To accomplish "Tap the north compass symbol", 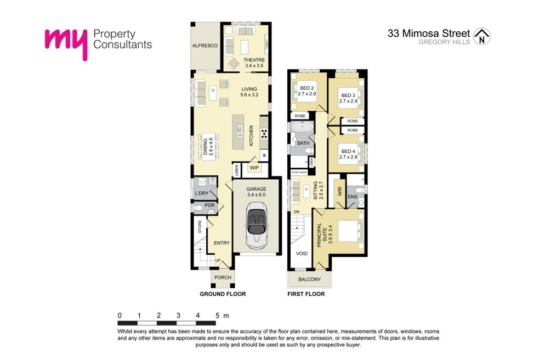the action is pos(482,36).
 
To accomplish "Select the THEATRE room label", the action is pos(254,60).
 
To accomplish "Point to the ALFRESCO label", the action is pos(205,45).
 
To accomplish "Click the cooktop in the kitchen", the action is pos(264,133).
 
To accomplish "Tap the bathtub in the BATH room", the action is pos(302,127).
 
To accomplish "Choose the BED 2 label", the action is pos(307,88).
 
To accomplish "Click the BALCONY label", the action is pos(309,279).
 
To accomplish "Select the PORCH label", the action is pos(223,277).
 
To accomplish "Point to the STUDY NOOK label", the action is pos(299,172).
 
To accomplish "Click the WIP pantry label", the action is pos(254,168).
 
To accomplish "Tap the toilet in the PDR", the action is pos(198,208).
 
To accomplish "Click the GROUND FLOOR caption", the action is pos(223,294).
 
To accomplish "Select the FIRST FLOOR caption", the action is pos(306,294).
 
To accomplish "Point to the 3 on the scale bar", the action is pos(178,316).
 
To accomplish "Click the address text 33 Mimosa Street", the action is pos(429,33).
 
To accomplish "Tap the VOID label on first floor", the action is pos(302,254).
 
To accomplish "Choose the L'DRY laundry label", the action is pos(202,193).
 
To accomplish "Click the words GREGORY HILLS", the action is pos(444,42).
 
